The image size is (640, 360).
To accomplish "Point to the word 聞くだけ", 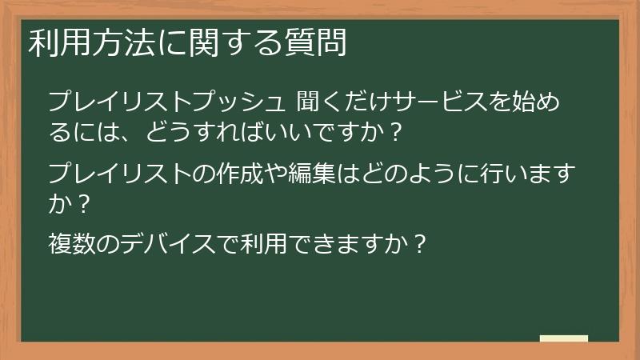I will click(x=344, y=102).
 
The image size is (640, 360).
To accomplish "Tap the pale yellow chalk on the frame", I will click(x=564, y=338).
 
